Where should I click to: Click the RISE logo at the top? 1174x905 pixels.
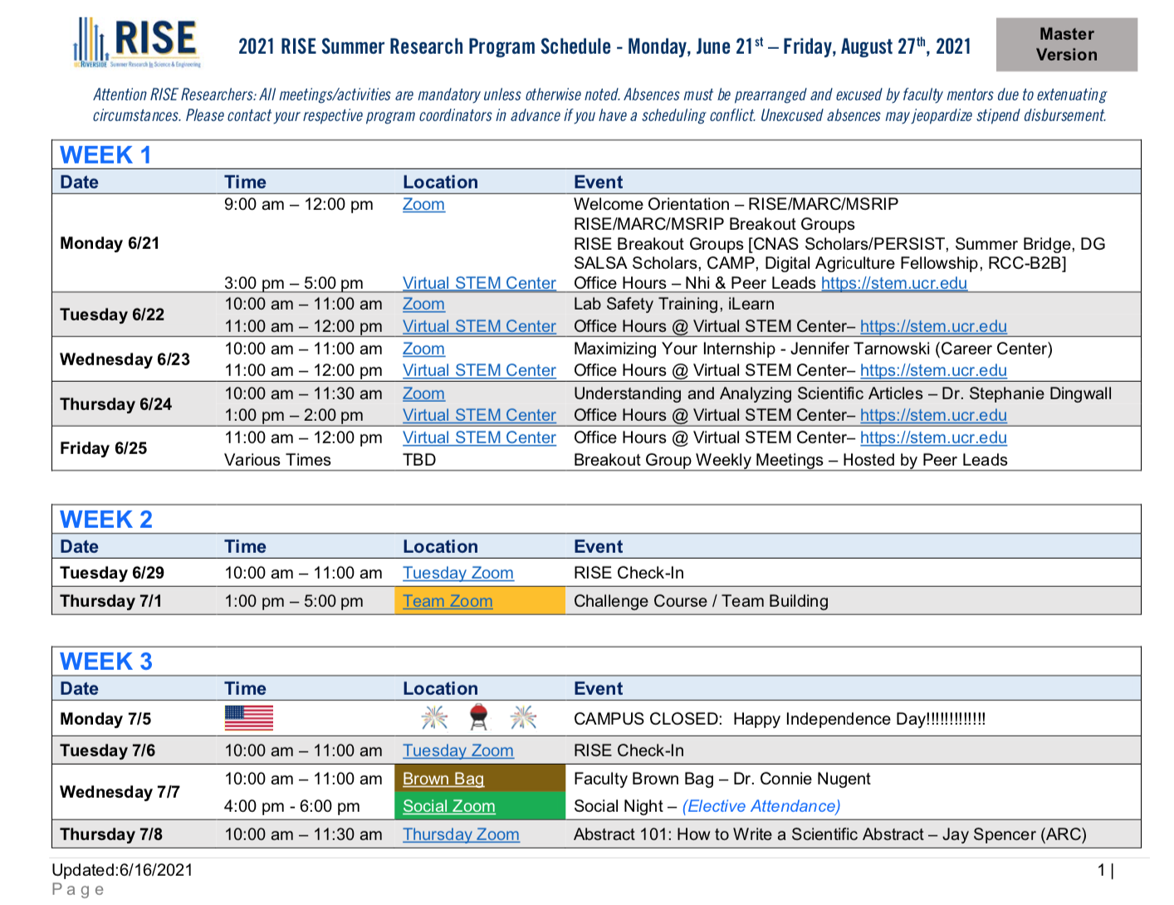(x=137, y=42)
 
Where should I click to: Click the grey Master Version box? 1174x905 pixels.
(x=1066, y=44)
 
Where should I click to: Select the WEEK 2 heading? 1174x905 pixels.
(x=106, y=519)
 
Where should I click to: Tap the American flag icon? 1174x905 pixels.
(x=248, y=718)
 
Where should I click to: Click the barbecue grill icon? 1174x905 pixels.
(x=479, y=717)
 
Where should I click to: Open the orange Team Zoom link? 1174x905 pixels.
(x=448, y=601)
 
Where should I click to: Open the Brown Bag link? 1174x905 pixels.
(x=443, y=779)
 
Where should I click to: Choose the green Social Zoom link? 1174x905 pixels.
(x=448, y=806)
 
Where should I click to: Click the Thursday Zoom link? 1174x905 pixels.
(x=461, y=834)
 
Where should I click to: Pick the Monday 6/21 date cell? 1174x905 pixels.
(x=110, y=243)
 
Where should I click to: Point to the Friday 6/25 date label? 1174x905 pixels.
(x=103, y=448)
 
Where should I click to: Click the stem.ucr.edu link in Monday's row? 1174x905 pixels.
(x=894, y=283)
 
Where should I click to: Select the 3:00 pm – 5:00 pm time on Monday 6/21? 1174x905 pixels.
(x=293, y=283)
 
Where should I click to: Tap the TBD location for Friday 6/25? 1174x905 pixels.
(x=419, y=460)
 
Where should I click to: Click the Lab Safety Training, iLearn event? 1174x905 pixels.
(x=673, y=304)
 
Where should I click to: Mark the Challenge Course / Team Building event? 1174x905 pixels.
(x=701, y=601)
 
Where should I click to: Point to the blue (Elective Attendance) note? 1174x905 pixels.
(x=761, y=806)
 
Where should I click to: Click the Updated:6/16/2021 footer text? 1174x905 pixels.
(x=122, y=870)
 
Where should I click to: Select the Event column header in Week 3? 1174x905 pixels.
(x=598, y=688)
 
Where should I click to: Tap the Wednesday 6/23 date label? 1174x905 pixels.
(x=125, y=360)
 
